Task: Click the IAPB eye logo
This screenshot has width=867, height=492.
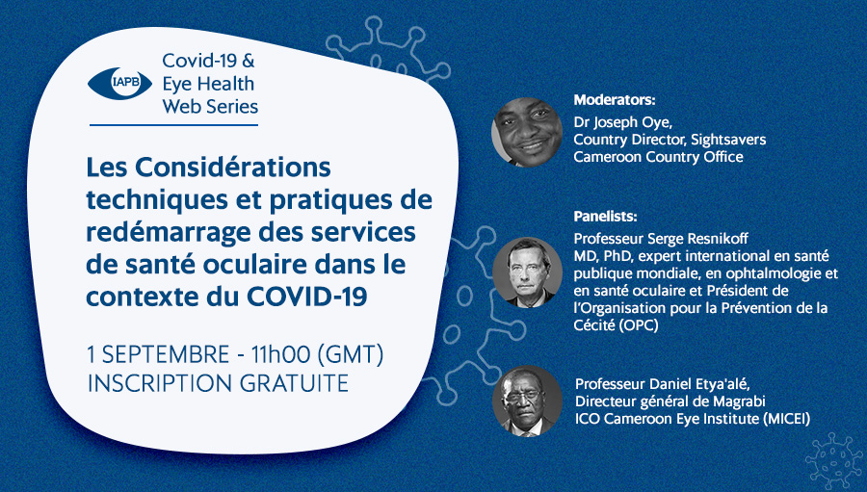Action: pos(119,84)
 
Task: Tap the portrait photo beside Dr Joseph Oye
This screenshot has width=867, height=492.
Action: pos(527,132)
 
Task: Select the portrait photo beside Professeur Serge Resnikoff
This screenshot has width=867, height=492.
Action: pos(527,272)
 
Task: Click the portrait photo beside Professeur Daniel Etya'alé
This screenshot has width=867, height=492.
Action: pos(527,401)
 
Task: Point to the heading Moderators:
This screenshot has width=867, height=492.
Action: pos(615,100)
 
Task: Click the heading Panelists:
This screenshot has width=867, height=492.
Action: pos(606,216)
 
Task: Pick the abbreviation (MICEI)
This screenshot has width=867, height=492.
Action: pos(786,419)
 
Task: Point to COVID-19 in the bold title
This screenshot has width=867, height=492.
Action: pos(307,297)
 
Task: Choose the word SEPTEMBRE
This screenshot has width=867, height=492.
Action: pos(166,355)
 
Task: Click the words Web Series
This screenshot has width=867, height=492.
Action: pos(210,106)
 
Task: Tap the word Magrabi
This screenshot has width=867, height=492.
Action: pos(738,401)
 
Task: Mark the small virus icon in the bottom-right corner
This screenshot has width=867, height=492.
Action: pos(833,460)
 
